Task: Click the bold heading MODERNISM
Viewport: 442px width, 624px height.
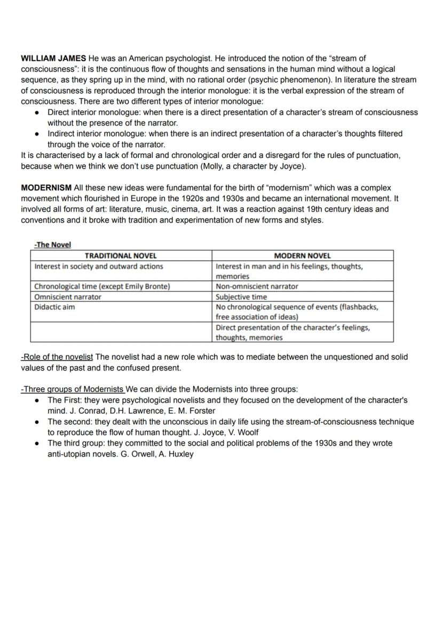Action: (x=46, y=188)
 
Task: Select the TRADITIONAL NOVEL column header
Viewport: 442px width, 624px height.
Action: (x=121, y=256)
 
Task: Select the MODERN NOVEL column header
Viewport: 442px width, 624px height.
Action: (x=302, y=256)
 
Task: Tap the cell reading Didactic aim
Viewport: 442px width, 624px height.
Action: (x=54, y=307)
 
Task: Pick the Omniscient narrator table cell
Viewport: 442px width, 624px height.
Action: (x=68, y=297)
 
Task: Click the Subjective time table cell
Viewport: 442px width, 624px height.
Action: (x=241, y=297)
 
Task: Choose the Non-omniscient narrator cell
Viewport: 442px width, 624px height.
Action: (x=257, y=287)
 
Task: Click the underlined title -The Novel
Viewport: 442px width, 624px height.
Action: (x=52, y=245)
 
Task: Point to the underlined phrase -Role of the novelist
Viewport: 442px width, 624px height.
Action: (x=57, y=357)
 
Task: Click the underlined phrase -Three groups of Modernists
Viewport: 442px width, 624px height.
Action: (x=73, y=389)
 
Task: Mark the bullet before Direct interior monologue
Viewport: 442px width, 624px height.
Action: (x=36, y=113)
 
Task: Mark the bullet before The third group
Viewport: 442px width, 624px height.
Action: (x=36, y=444)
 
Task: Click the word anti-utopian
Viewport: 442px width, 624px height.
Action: (x=69, y=454)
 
